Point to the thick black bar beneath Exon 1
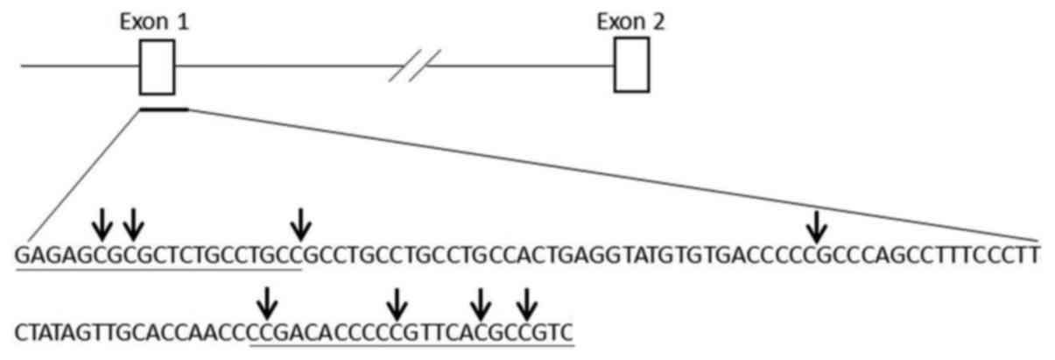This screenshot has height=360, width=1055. (163, 109)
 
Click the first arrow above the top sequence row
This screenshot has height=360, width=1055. (102, 225)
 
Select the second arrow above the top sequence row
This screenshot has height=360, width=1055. (132, 225)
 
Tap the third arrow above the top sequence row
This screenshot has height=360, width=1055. (301, 225)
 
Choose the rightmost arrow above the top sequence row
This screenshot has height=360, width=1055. (816, 225)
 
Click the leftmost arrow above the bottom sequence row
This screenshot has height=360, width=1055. (268, 304)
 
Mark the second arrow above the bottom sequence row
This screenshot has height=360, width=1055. (397, 304)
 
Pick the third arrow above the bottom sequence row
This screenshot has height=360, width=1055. (479, 304)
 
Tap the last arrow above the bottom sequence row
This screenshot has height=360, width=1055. (525, 304)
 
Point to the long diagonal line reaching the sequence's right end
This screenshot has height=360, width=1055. (613, 174)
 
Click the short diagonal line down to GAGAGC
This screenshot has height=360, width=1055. (83, 174)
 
